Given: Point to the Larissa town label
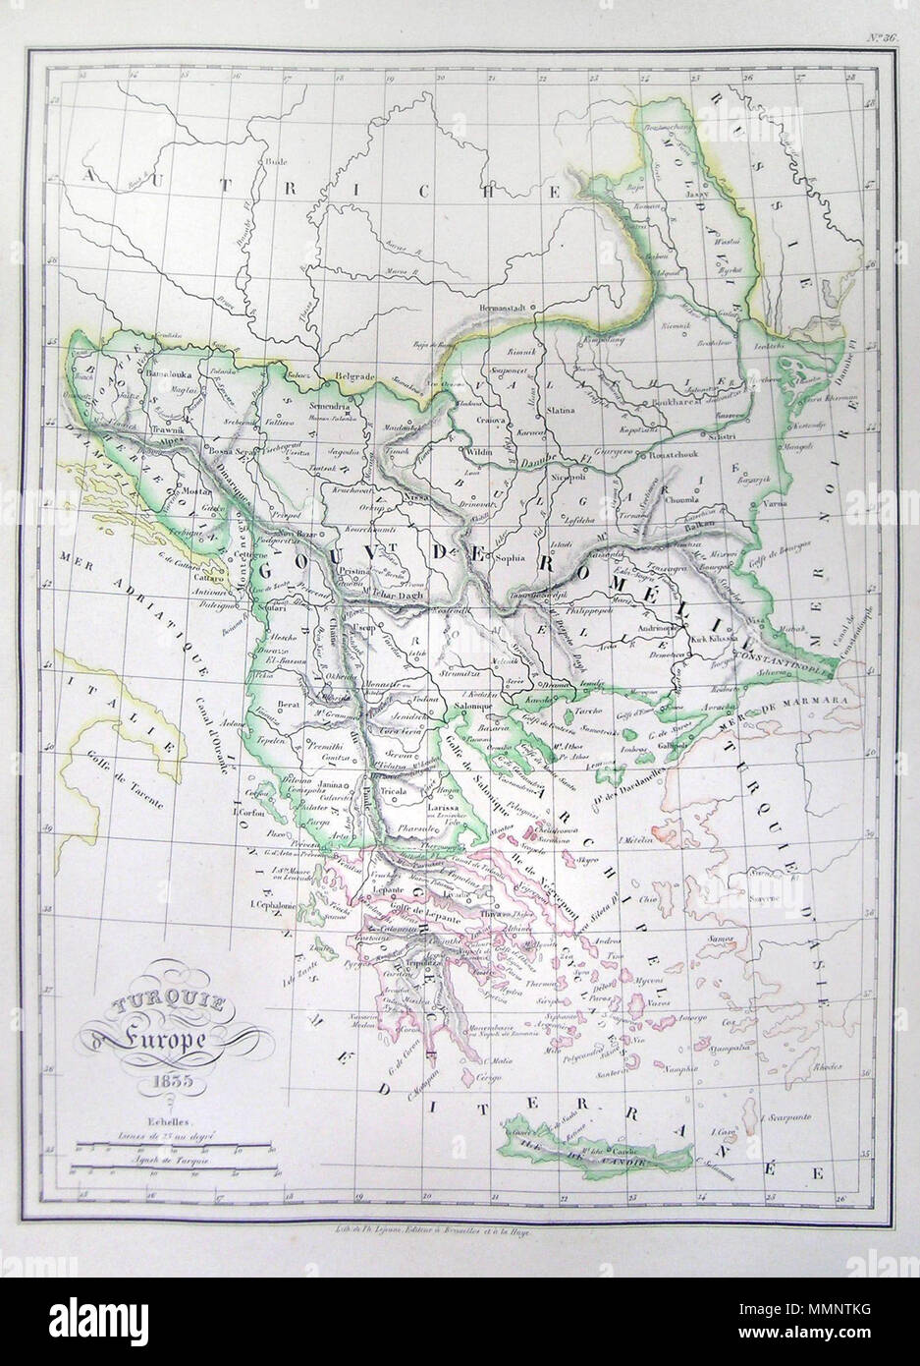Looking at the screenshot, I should [445, 805].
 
